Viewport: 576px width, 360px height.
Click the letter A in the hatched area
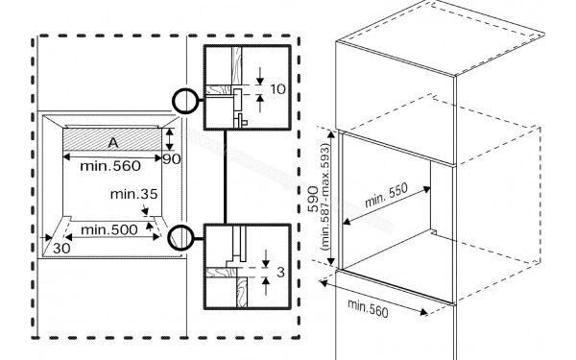tap(111, 142)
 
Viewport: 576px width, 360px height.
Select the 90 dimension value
tap(171, 158)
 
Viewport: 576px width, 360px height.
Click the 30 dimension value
tap(61, 248)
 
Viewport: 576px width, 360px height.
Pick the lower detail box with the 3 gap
tap(246, 264)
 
